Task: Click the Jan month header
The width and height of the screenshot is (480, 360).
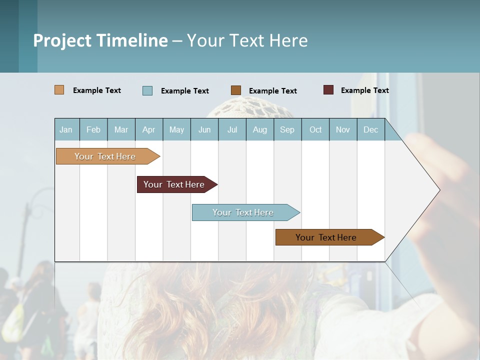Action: click(x=66, y=129)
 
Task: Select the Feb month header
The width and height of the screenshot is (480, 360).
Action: click(x=93, y=129)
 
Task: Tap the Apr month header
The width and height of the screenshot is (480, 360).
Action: click(x=148, y=129)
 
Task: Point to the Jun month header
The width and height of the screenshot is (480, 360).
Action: click(x=204, y=129)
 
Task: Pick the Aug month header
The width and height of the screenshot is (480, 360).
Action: click(x=259, y=129)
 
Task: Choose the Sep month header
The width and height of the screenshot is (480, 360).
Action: click(x=287, y=129)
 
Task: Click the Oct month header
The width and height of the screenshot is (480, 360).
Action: click(x=315, y=129)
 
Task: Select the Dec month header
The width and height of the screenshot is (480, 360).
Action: click(x=370, y=129)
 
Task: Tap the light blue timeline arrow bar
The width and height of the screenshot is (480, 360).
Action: click(x=243, y=212)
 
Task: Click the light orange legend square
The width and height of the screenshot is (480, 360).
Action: click(x=59, y=90)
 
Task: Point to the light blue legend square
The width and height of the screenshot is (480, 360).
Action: click(x=147, y=90)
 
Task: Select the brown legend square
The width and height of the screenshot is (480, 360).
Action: click(x=236, y=90)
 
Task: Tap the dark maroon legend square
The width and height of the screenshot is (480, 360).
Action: click(x=328, y=90)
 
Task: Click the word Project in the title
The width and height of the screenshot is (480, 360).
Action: click(x=62, y=40)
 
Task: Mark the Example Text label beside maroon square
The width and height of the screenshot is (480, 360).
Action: click(x=364, y=90)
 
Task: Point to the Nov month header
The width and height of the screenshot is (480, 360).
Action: click(x=343, y=129)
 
